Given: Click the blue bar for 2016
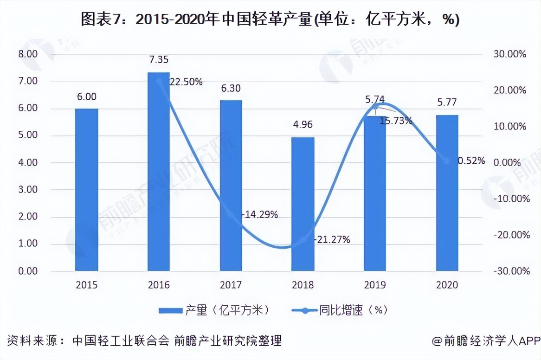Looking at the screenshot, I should [159, 172].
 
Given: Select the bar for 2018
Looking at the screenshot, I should [303, 204].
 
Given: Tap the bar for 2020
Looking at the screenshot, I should [447, 193].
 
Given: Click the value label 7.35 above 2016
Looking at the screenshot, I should [159, 60].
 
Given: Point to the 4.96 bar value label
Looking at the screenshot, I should [303, 125].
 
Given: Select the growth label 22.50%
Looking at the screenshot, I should [186, 82].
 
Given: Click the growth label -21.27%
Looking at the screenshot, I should [332, 240].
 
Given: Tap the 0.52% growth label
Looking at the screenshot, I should [471, 161].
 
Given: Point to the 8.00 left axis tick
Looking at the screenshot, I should [27, 54].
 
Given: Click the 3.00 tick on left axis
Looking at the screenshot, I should [27, 190].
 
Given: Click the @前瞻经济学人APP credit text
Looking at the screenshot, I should [486, 341].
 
